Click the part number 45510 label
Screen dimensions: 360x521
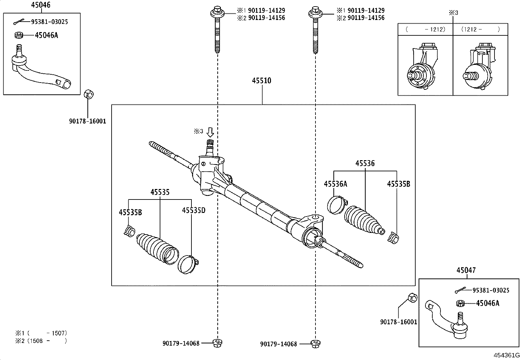click(x=261, y=81)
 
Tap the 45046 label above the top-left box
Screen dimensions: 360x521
click(x=41, y=5)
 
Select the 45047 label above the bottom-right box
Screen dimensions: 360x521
click(x=466, y=270)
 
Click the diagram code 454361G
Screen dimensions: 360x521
click(x=507, y=355)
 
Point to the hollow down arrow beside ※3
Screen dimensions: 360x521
click(x=210, y=132)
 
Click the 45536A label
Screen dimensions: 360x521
click(x=335, y=184)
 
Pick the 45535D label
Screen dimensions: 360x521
click(x=193, y=210)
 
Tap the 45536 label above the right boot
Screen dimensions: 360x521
click(x=365, y=163)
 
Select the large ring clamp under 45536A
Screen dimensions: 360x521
click(x=336, y=205)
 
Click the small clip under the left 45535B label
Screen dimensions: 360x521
click(x=129, y=231)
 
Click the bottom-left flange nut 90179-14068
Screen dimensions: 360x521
click(x=217, y=343)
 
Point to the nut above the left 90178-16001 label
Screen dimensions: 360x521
click(x=88, y=94)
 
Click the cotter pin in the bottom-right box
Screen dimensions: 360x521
click(x=460, y=290)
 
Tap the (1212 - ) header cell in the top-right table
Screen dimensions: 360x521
click(x=480, y=29)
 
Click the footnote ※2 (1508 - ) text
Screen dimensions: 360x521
click(x=41, y=341)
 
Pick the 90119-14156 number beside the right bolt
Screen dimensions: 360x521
click(x=366, y=18)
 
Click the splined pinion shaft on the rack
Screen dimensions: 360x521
click(x=210, y=145)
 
